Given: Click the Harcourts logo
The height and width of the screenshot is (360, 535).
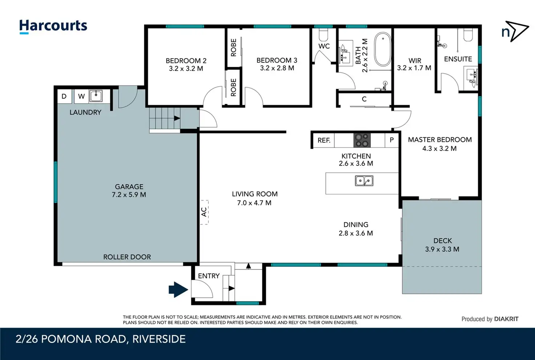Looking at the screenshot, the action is click(53, 26).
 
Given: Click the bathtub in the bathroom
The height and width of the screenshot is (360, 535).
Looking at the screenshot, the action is click(383, 49).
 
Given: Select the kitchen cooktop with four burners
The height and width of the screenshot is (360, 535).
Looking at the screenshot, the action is click(362, 140).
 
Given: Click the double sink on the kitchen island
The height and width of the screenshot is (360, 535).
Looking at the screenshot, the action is click(364, 181).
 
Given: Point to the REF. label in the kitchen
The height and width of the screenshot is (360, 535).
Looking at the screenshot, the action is click(324, 140).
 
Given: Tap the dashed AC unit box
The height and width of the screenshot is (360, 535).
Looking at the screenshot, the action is click(204, 212).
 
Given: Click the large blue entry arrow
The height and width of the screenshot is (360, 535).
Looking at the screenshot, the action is click(178, 290).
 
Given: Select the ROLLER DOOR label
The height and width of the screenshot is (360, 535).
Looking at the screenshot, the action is click(127, 257).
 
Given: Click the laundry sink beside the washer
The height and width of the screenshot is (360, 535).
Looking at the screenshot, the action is click(96, 96).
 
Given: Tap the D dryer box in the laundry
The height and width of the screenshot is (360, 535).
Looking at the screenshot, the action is click(64, 96).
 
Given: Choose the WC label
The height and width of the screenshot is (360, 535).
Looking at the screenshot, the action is click(324, 46).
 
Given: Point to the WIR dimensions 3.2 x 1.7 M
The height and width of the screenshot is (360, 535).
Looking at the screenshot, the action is click(414, 68).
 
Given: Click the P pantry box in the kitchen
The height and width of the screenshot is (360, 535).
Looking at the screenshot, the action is click(392, 140).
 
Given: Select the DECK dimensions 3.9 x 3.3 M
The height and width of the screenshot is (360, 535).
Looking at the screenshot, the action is click(442, 249).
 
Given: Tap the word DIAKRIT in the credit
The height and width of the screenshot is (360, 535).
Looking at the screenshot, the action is click(506, 319).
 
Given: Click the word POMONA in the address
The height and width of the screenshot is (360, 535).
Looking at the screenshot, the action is click(66, 339).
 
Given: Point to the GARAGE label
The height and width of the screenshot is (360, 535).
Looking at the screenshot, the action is click(129, 186).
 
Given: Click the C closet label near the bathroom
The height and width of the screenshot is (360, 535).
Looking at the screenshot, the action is click(364, 99).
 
